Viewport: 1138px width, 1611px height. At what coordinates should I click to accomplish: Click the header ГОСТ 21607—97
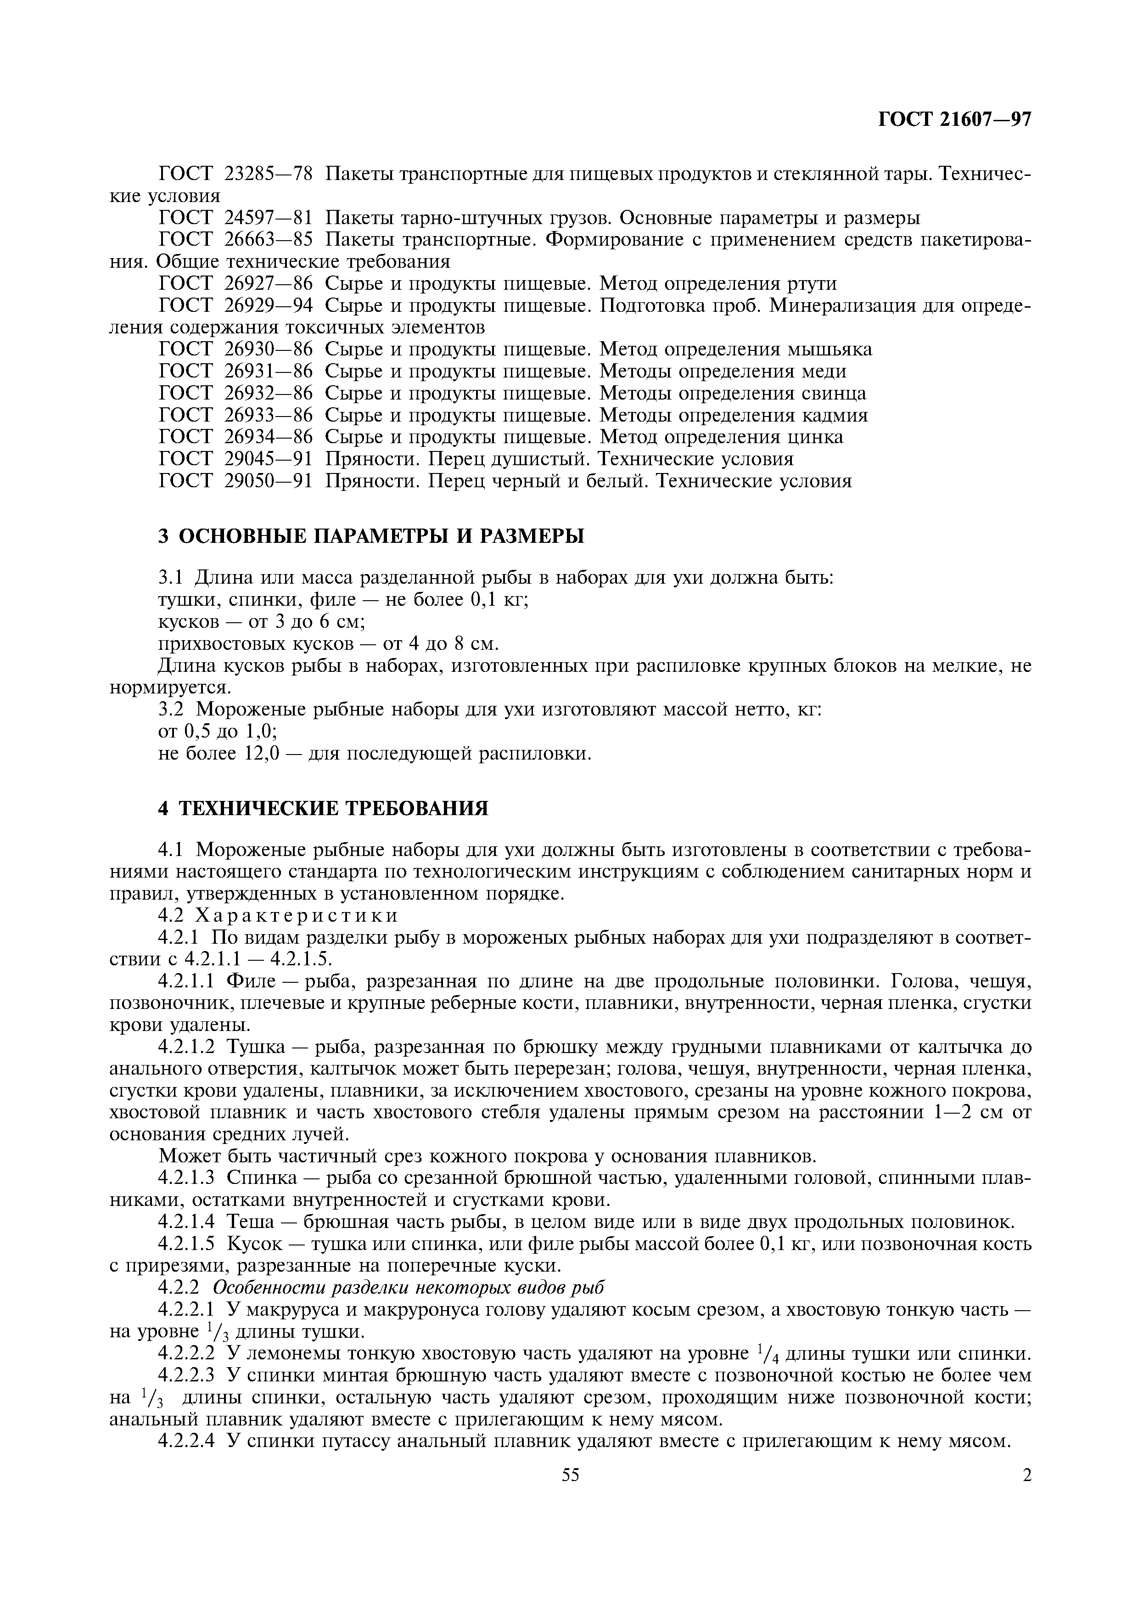click(x=954, y=120)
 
